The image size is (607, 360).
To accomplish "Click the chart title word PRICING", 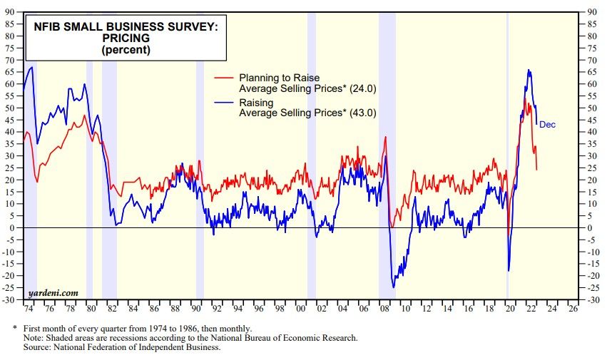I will [126, 39].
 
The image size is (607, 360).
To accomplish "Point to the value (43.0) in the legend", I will [362, 113].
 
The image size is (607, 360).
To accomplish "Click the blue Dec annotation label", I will [547, 125].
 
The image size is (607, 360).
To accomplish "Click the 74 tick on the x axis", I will [29, 310].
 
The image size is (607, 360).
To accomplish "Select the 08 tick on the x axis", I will [385, 310].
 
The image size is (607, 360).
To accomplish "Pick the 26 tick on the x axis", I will [573, 310].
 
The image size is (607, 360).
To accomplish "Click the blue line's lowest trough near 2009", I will [394, 287].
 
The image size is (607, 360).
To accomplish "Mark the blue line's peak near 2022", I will [529, 70].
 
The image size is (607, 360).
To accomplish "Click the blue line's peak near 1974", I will [31, 67].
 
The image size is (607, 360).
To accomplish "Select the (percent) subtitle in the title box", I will [126, 51].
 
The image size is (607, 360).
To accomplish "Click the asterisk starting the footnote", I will [15, 327].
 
